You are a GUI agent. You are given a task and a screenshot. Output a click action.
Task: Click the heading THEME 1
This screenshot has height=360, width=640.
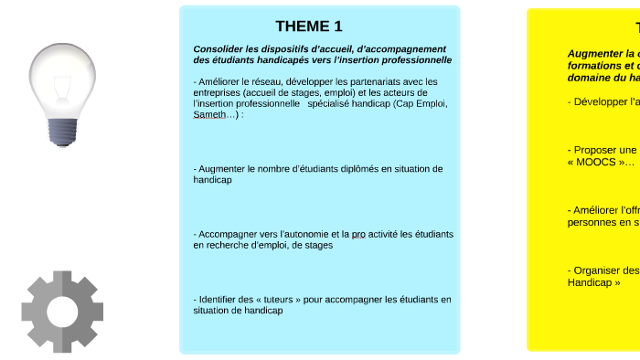pos(309,26)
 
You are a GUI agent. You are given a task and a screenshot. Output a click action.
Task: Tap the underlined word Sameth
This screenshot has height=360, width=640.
pos(208,115)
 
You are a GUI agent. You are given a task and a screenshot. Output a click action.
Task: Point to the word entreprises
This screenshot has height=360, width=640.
pos(219,92)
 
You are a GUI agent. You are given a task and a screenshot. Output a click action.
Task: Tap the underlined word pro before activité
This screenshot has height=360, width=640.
pos(358,234)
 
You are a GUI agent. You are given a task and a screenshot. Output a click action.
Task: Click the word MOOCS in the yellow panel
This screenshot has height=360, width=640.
pos(595,162)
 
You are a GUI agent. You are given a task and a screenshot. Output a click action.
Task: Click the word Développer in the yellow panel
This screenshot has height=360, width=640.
pos(599,101)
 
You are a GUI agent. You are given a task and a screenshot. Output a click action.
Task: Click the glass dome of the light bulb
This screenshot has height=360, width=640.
pos(61,75)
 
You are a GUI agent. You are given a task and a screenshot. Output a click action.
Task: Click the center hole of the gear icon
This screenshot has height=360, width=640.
pos(62,311)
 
